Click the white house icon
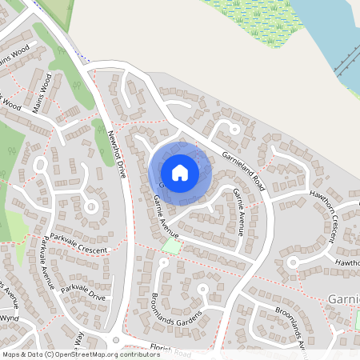(180, 172)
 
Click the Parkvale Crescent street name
(78, 244)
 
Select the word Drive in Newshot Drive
(121, 168)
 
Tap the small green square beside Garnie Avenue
(171, 247)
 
